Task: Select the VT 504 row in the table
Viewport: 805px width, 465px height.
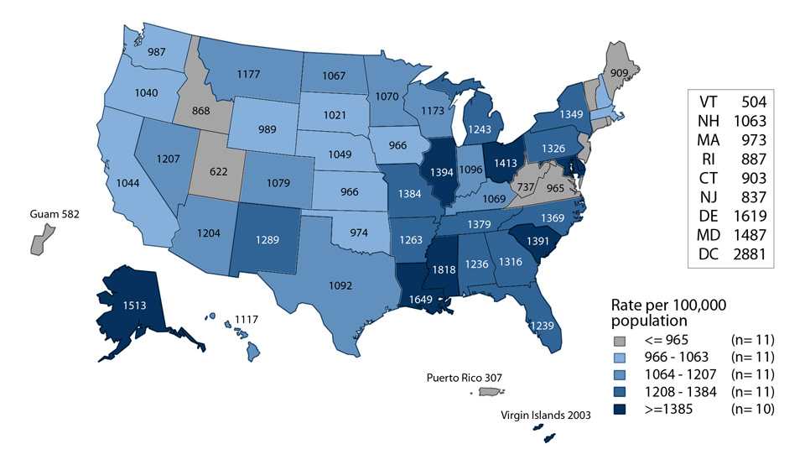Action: coord(726,102)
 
